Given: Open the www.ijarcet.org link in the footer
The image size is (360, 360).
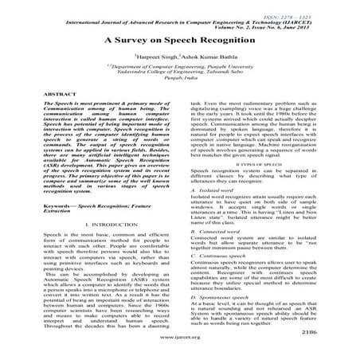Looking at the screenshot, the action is point(180,347).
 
